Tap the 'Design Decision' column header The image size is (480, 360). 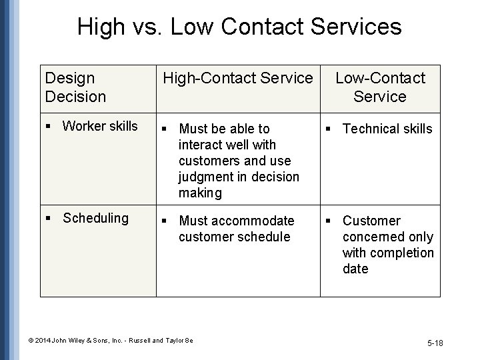point(75,87)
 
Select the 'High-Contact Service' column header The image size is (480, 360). point(238,79)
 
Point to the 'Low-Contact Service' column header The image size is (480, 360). point(380,87)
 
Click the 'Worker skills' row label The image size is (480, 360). point(100,126)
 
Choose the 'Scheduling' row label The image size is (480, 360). point(95,218)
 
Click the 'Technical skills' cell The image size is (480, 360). point(387,129)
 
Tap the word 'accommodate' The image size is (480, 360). point(256,221)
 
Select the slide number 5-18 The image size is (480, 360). point(435,343)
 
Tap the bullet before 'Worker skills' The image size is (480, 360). point(49,127)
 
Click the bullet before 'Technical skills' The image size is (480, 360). point(329,129)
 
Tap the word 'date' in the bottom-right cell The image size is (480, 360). point(355,269)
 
